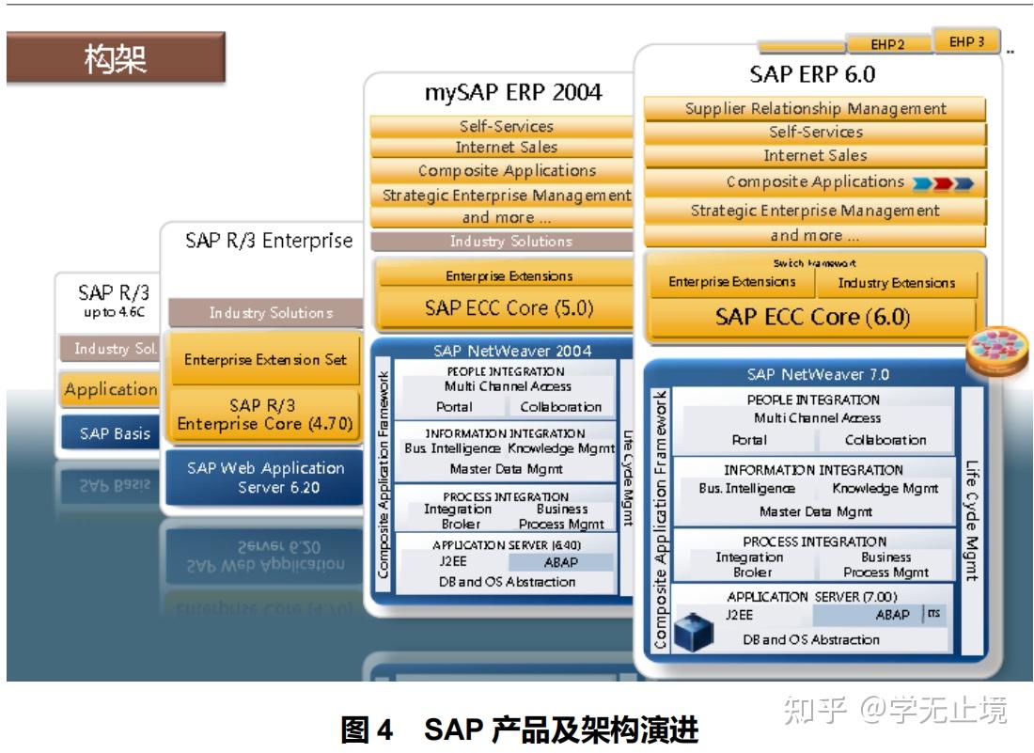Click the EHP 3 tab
tap(966, 42)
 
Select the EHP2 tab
tap(887, 44)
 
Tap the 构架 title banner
tap(116, 58)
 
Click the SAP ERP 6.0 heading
tap(813, 74)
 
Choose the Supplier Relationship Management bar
tap(815, 109)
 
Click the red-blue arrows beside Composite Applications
tap(943, 182)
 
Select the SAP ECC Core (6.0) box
tap(812, 317)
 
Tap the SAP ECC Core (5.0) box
tap(509, 307)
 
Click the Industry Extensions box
tap(896, 283)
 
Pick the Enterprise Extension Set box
tap(265, 359)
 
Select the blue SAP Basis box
tap(107, 433)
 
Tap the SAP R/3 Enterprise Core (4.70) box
tap(265, 415)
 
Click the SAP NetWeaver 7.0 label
tap(817, 374)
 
